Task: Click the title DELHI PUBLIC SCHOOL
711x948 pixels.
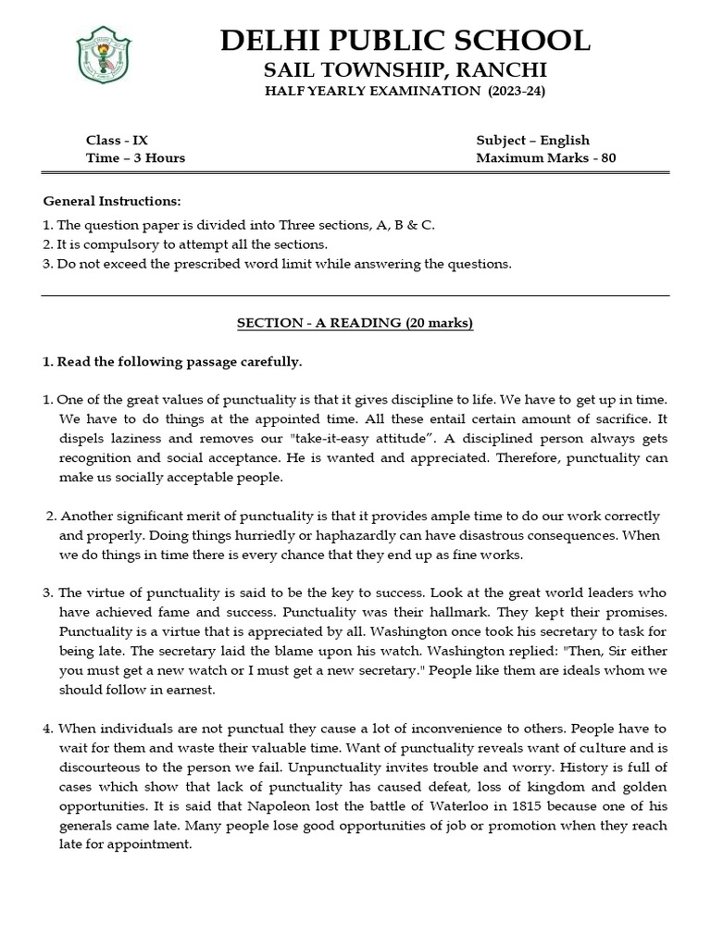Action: pyautogui.click(x=405, y=41)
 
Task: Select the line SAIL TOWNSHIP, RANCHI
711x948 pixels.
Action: pyautogui.click(x=405, y=70)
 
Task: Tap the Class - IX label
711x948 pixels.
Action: pyautogui.click(x=117, y=140)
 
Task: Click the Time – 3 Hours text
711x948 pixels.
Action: pyautogui.click(x=135, y=157)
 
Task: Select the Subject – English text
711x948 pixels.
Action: pyautogui.click(x=532, y=140)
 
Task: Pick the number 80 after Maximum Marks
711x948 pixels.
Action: pyautogui.click(x=608, y=157)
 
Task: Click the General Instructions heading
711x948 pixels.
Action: pyautogui.click(x=112, y=201)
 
